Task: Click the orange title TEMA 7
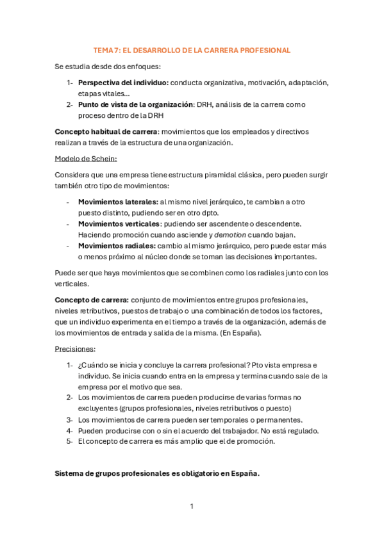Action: pos(192,50)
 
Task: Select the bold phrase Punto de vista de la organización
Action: pos(135,104)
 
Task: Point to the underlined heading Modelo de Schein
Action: pos(86,158)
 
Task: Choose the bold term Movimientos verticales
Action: pos(119,223)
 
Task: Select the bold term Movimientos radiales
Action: pos(116,245)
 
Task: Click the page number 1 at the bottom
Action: pos(192,507)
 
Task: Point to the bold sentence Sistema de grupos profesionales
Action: pos(157,473)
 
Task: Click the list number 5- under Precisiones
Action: pos(70,441)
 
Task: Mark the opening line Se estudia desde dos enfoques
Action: pos(108,66)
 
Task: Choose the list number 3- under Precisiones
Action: pos(70,419)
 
